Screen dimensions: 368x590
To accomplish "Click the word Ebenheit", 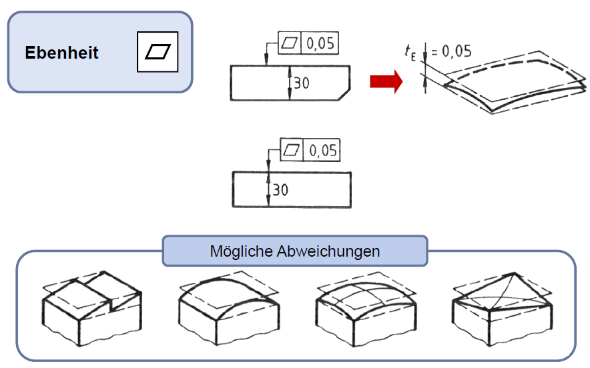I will point(61,53).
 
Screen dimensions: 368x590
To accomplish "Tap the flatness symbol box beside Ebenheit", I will point(158,51).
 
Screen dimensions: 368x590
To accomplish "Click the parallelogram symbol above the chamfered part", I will point(290,44).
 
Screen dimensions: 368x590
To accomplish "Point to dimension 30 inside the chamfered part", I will point(302,83).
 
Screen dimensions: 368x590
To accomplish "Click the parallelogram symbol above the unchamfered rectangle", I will point(292,151).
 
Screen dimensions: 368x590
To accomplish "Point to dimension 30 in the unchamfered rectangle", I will point(281,190).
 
